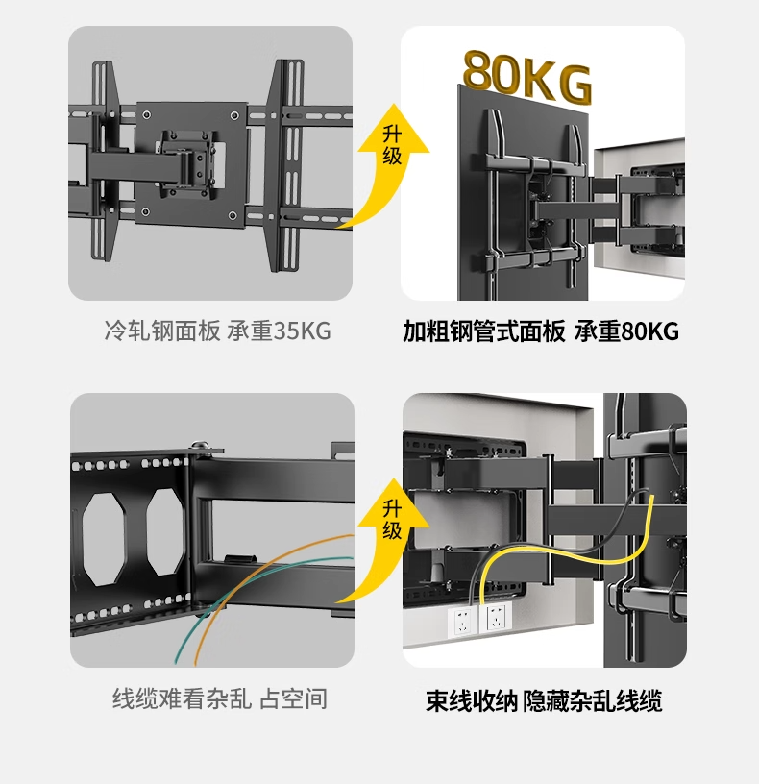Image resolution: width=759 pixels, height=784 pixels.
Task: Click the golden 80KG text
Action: (526, 75)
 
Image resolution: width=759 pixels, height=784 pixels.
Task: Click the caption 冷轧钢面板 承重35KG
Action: (217, 331)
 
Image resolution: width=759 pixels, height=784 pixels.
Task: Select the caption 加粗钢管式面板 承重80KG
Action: (541, 331)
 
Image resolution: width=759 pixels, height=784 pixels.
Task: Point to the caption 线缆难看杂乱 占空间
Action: (220, 698)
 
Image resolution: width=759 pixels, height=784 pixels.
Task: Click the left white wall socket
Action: (464, 620)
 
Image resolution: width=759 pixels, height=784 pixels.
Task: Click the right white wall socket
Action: (496, 618)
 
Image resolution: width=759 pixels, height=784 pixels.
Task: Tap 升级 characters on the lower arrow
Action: (392, 520)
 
